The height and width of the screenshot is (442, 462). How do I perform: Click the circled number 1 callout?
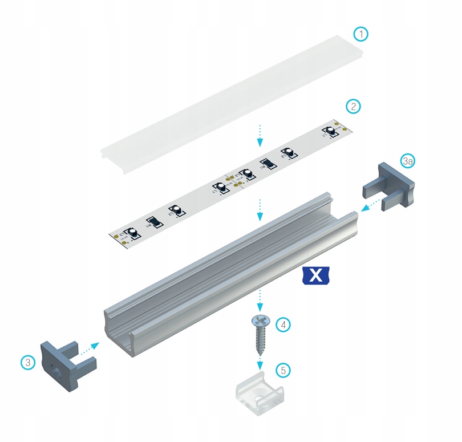click(360, 34)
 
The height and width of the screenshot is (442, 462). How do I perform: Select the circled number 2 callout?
click(354, 106)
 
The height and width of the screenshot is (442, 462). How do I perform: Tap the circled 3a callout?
click(407, 161)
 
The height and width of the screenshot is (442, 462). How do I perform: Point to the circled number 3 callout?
click(28, 362)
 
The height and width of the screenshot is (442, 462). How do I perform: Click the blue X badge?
click(315, 275)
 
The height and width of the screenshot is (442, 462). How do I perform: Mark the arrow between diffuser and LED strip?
click(260, 135)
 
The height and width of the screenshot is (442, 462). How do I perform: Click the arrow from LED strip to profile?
click(260, 209)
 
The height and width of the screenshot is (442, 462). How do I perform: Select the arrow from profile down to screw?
click(260, 299)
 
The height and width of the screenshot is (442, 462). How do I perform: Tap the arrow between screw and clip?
click(260, 363)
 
